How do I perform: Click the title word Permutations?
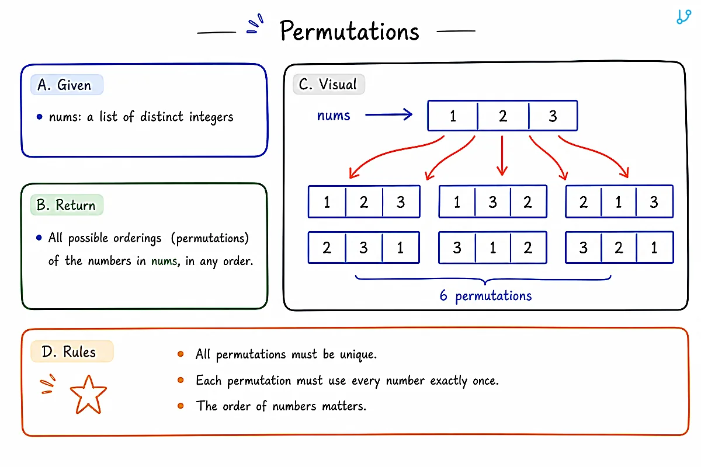[x=349, y=31]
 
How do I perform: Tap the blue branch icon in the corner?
[x=683, y=16]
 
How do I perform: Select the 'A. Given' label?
[x=67, y=85]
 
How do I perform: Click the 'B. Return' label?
[x=67, y=205]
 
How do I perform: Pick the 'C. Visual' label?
[x=328, y=84]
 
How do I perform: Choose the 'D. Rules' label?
[x=72, y=351]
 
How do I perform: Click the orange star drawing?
[x=89, y=395]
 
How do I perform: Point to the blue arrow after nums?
[x=388, y=114]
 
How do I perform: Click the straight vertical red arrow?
[x=502, y=156]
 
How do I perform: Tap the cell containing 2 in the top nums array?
[x=503, y=116]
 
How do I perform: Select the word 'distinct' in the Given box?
[x=161, y=117]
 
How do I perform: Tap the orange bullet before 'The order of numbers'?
[x=181, y=406]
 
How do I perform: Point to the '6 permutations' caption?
[x=485, y=295]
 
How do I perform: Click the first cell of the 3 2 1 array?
[x=584, y=248]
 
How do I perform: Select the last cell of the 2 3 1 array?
[x=401, y=248]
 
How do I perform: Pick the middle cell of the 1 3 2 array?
[x=492, y=202]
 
